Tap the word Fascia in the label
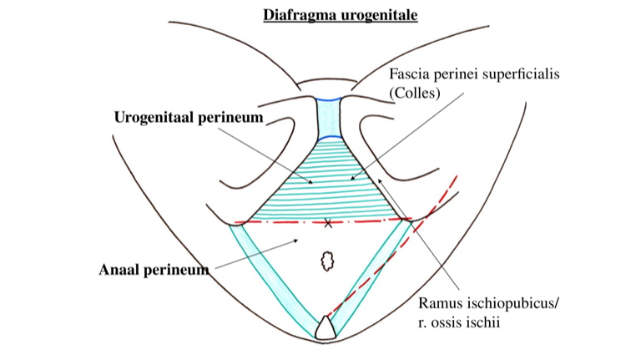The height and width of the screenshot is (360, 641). [408, 75]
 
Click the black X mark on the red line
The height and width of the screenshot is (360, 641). [328, 223]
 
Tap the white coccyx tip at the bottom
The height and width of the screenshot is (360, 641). [324, 327]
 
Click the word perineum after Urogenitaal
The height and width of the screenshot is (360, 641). [229, 118]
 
